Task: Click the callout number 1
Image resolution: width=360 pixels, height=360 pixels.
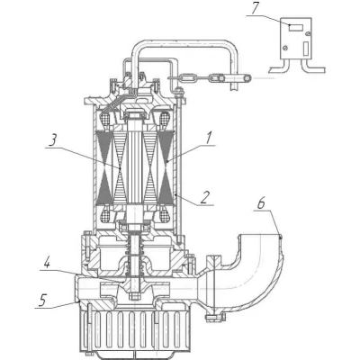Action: [x=209, y=139]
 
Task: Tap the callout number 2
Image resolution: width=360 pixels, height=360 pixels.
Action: [x=203, y=198]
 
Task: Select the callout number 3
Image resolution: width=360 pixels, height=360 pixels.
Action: [x=53, y=140]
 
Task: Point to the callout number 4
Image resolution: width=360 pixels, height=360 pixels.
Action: [x=47, y=263]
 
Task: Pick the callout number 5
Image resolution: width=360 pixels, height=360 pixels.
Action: [x=42, y=300]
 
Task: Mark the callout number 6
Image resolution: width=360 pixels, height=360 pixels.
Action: [x=261, y=204]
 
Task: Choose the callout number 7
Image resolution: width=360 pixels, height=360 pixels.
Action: [x=255, y=9]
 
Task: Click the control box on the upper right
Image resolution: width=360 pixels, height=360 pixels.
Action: [x=296, y=39]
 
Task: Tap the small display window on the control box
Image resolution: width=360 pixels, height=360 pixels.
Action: [x=296, y=28]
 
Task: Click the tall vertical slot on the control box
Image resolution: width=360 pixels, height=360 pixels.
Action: [x=306, y=49]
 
